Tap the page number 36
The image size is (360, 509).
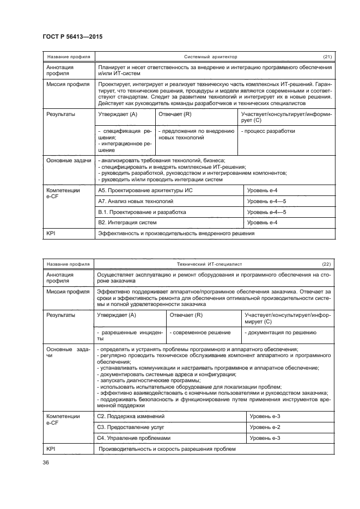tap(45, 462)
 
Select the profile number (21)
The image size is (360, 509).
tap(327, 57)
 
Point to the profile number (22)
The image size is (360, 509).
tap(327, 265)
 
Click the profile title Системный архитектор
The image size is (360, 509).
tap(211, 57)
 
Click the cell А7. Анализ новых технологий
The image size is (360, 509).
tap(127, 201)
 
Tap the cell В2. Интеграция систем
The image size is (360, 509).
tap(127, 223)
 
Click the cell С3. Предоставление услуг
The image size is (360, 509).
tap(131, 427)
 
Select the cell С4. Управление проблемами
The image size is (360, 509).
tap(133, 438)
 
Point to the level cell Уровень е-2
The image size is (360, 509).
tap(265, 427)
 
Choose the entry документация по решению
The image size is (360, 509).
tap(280, 332)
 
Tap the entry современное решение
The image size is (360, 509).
tap(200, 332)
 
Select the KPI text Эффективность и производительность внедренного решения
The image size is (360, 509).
tap(175, 234)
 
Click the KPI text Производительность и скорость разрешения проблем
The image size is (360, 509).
tap(167, 449)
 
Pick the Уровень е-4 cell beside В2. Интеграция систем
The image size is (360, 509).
tap(263, 223)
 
